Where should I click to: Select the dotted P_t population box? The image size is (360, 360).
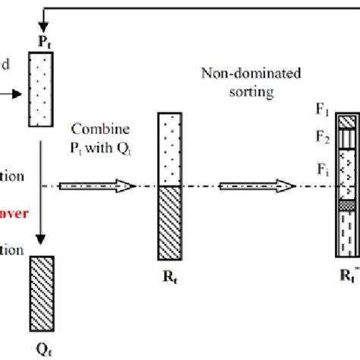pyautogui.click(x=43, y=84)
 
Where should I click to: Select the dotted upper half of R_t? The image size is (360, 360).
pyautogui.click(x=172, y=149)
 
